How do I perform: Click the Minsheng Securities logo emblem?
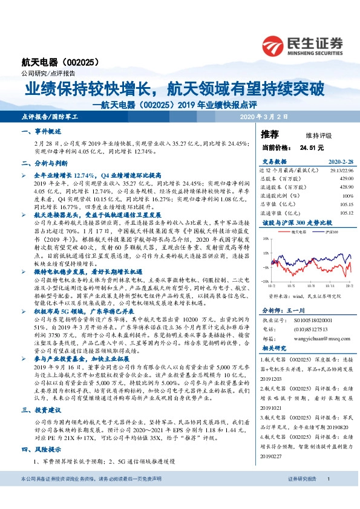(x=277, y=45)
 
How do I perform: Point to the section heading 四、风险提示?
(x=42, y=450)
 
